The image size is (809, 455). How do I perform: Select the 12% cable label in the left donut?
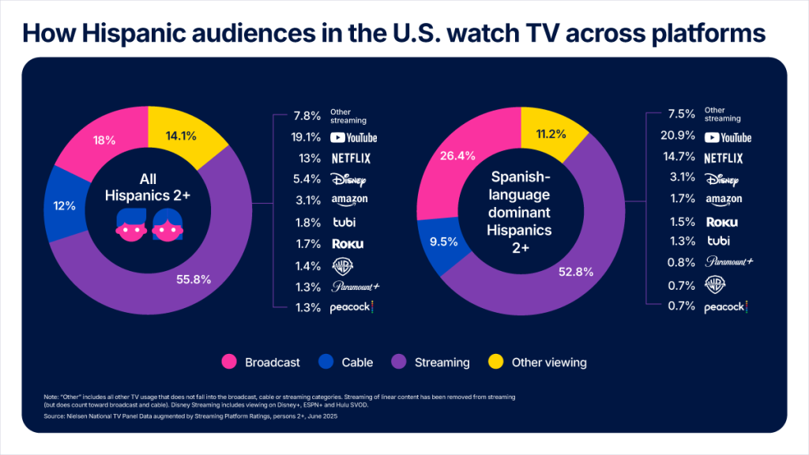coord(65,205)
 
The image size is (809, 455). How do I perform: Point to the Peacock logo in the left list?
coord(352,307)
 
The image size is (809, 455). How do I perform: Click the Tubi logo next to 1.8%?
coord(342,222)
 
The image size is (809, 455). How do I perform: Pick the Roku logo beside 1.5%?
coord(722,222)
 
